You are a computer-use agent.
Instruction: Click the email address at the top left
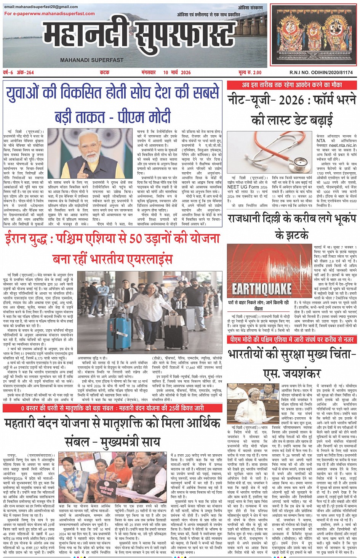coord(41,7)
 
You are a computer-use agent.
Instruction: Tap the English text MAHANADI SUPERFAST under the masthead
coord(91,60)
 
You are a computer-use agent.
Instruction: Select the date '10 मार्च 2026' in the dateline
coord(177,72)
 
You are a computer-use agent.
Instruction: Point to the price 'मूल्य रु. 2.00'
coord(250,72)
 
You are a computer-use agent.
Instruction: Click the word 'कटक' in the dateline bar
coord(105,72)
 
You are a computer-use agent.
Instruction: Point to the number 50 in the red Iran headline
coord(136,239)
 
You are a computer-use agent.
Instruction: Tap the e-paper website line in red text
coord(50,14)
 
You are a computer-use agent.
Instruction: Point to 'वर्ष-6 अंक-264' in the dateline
coord(18,72)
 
